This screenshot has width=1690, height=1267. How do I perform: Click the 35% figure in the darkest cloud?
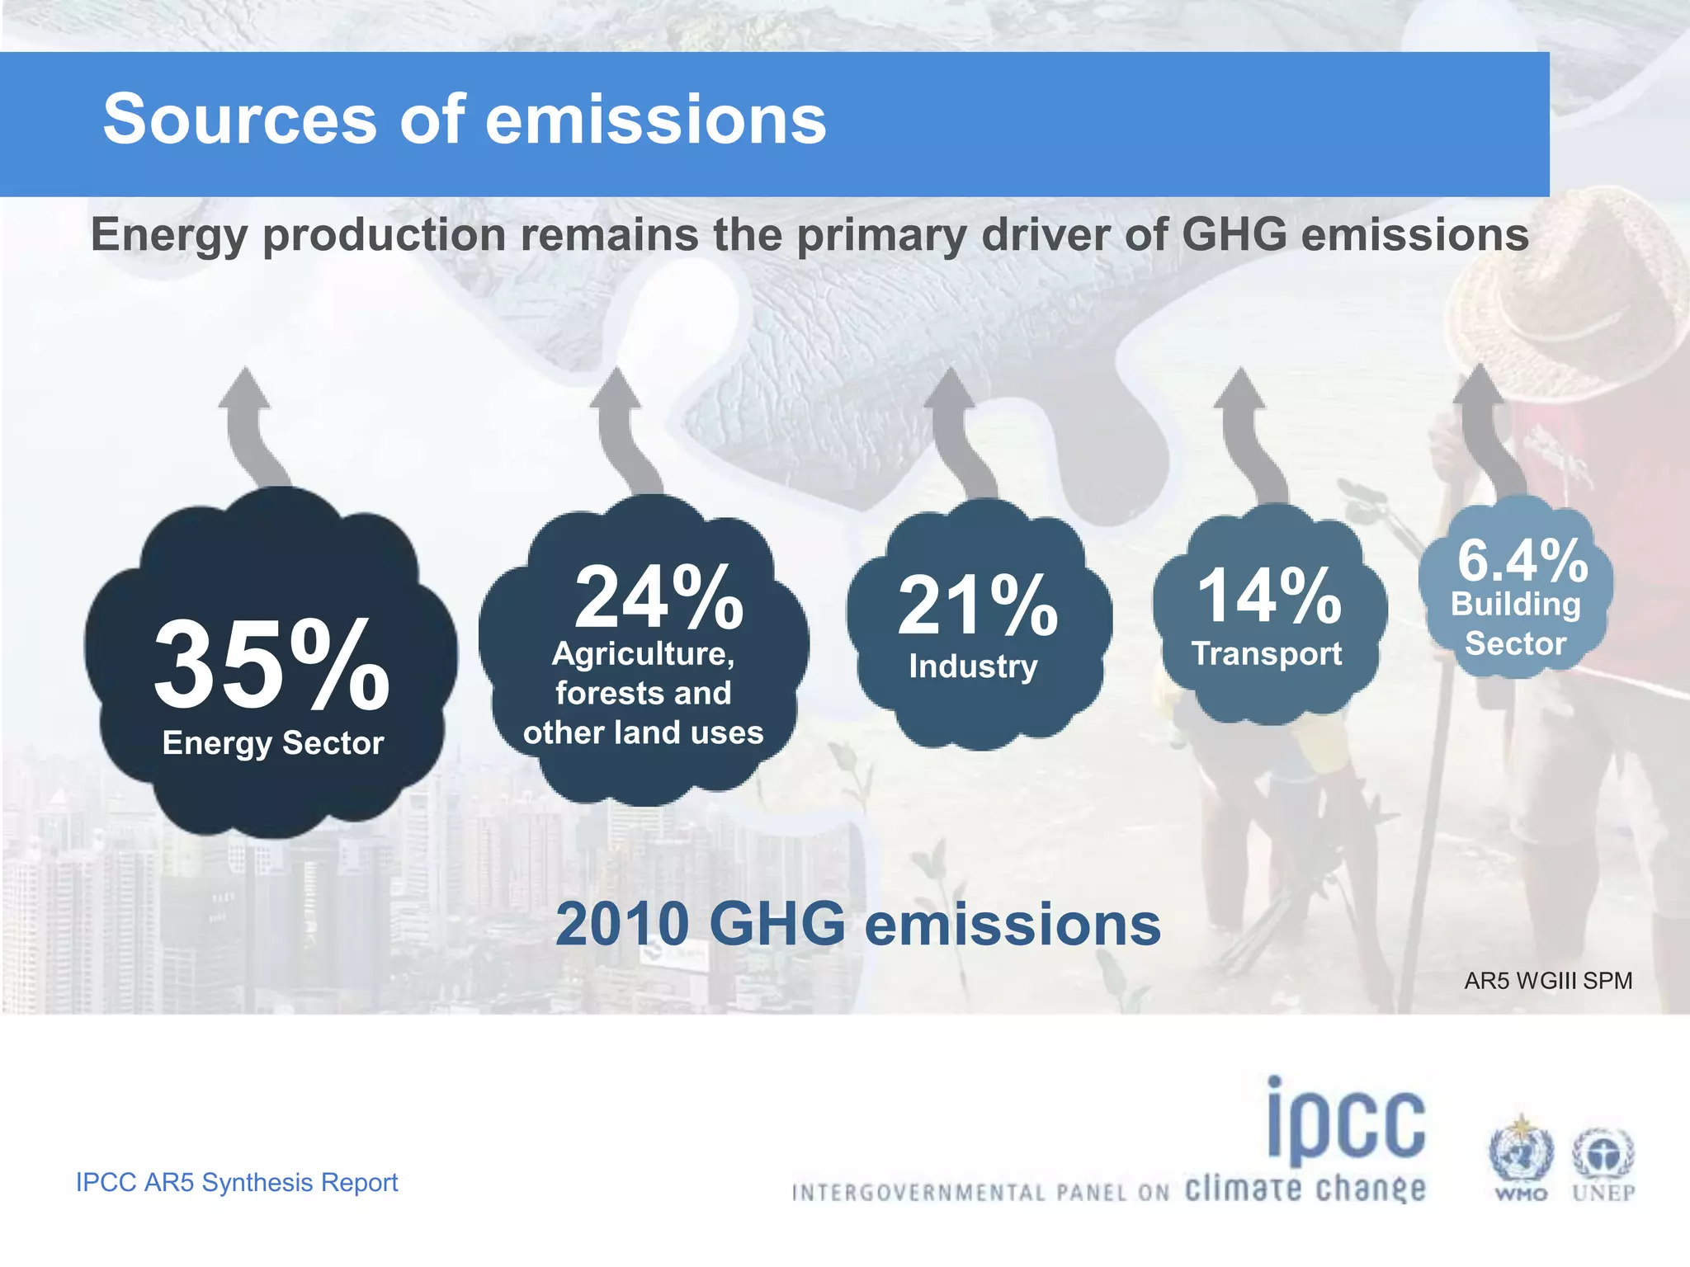pos(271,665)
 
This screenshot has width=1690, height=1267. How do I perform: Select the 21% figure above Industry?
pos(978,606)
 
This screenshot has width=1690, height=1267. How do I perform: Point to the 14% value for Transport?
pos(1269,596)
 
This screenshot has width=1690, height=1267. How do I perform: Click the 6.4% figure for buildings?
pos(1522,561)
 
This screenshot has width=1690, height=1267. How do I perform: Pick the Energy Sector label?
pos(273,743)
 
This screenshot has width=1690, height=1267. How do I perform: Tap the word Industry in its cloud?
pos(973,666)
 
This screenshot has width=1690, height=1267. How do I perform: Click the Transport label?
pos(1267,654)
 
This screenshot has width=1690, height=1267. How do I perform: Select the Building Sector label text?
pos(1516,624)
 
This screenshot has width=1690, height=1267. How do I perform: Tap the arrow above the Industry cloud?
pos(957,429)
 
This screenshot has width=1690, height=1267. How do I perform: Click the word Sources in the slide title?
pos(239,120)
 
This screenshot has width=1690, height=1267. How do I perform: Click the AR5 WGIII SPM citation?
pos(1548,981)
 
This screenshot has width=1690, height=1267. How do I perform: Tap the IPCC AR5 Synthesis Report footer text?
pos(237,1182)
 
